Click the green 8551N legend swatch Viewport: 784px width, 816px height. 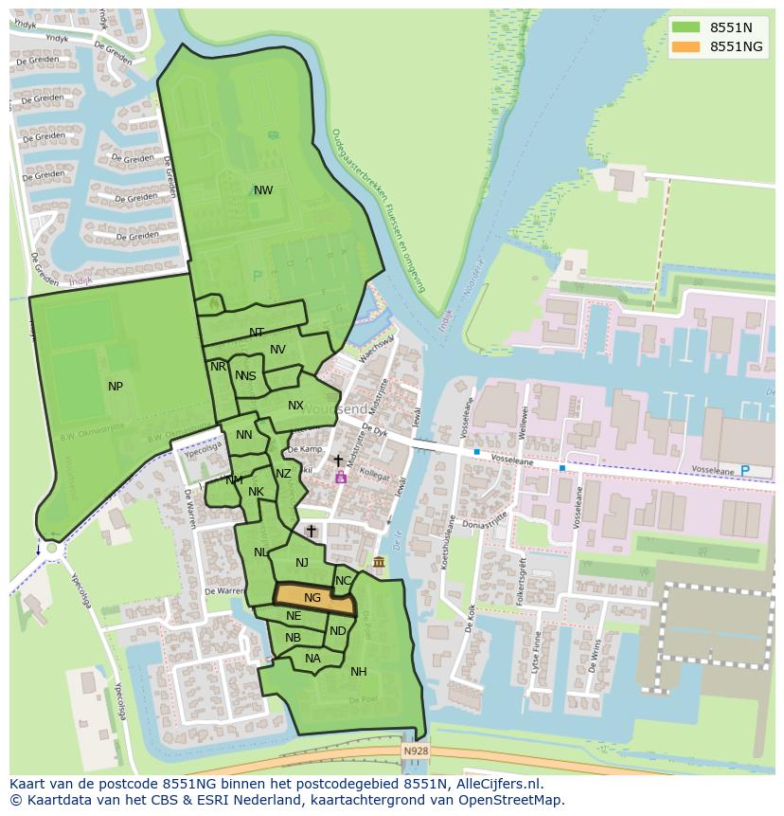[x=686, y=27]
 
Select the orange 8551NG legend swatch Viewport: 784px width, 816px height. [x=686, y=46]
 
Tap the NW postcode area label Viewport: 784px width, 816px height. [x=263, y=190]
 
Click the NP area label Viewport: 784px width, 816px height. [x=116, y=386]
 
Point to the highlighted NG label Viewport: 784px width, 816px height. [x=312, y=598]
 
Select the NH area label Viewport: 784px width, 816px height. [x=358, y=672]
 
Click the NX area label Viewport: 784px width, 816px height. [x=295, y=406]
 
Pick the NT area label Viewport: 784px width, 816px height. [x=257, y=333]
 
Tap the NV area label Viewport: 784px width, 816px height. [x=277, y=350]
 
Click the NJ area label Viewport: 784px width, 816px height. [x=302, y=563]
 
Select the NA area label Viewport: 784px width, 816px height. [x=312, y=659]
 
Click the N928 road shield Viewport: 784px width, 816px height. [x=415, y=751]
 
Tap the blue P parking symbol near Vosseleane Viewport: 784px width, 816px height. [x=743, y=471]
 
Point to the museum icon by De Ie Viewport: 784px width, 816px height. [x=379, y=564]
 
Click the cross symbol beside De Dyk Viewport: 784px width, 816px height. [x=338, y=461]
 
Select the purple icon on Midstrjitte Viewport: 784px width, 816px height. [x=340, y=478]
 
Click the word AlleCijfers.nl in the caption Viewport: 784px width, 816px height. [x=499, y=784]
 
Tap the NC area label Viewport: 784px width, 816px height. [x=343, y=581]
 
